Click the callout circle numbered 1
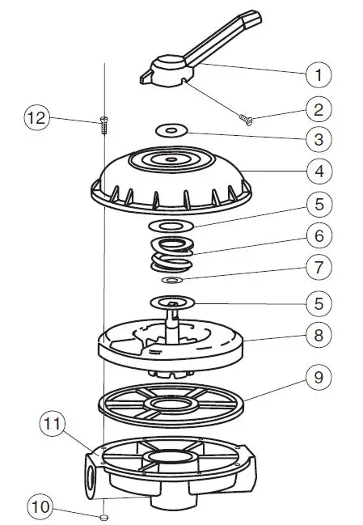coord(319,75)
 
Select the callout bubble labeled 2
coord(319,108)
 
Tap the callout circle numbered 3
coord(319,139)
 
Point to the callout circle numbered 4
coord(319,171)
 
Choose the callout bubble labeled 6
coord(319,236)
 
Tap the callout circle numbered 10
coord(38,508)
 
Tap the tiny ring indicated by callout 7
coord(173,280)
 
